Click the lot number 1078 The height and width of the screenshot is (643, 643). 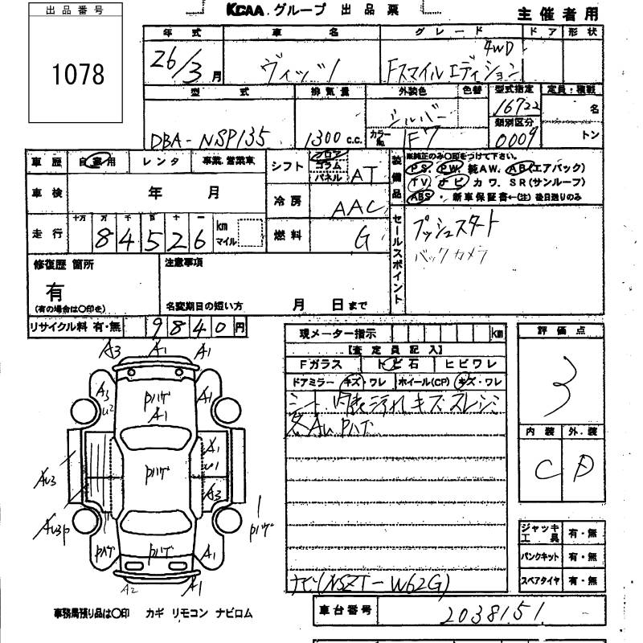point(78,74)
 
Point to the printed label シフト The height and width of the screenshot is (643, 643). point(287,166)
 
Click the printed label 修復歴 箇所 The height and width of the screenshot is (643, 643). point(63,264)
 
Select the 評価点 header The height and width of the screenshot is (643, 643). point(559,331)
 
